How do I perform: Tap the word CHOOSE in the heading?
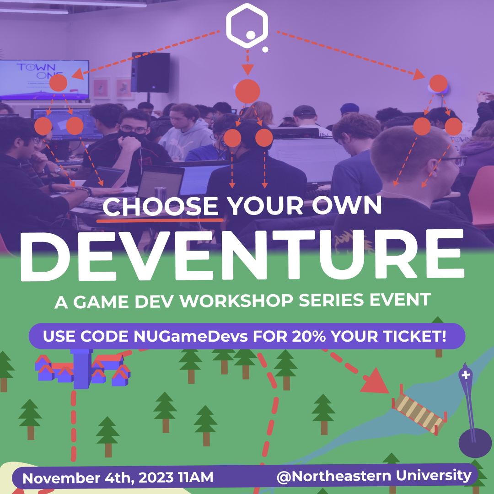pyautogui.click(x=161, y=206)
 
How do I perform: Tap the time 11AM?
pyautogui.click(x=195, y=478)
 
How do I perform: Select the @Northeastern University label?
pyautogui.click(x=374, y=476)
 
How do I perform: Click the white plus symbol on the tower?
pyautogui.click(x=466, y=376)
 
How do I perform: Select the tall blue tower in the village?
pyautogui.click(x=82, y=368)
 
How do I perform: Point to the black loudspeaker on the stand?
pyautogui.click(x=150, y=72)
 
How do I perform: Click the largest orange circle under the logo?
pyautogui.click(x=247, y=91)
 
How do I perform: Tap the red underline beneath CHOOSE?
pyautogui.click(x=160, y=220)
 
